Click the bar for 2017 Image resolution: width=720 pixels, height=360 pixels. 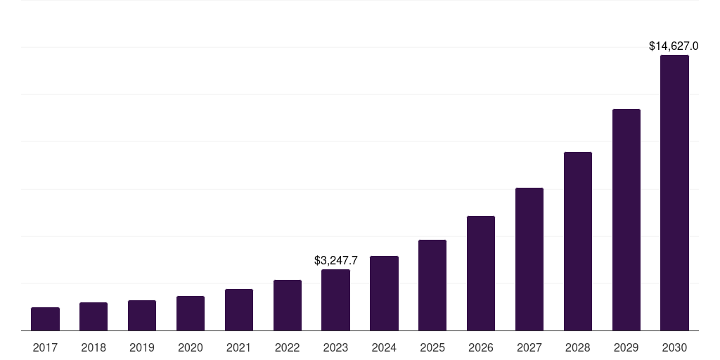(x=45, y=319)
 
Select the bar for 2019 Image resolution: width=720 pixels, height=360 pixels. (x=142, y=316)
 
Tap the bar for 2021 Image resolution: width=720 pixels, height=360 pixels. (x=239, y=310)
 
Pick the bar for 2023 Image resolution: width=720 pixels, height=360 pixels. (x=335, y=300)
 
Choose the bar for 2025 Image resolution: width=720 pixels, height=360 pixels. (x=432, y=285)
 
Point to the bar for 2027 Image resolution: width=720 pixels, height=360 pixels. (x=529, y=259)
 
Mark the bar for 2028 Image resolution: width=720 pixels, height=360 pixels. (x=578, y=241)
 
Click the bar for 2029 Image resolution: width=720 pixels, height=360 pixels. (x=626, y=220)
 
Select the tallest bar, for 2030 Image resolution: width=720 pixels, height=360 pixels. (x=674, y=193)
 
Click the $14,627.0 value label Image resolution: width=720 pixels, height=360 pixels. (x=674, y=46)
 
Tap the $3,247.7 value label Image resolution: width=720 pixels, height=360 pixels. (x=335, y=261)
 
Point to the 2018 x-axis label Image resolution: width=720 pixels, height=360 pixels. (x=94, y=347)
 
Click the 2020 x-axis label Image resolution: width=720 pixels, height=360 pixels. (x=191, y=347)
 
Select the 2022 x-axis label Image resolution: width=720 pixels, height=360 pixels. (x=288, y=347)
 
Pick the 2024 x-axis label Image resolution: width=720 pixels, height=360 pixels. (x=384, y=347)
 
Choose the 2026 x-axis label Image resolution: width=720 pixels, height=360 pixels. (x=481, y=347)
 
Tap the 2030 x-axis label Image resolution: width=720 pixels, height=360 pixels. (x=674, y=347)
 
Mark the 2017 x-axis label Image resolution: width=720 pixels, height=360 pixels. (x=45, y=347)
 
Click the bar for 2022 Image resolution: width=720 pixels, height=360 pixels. (x=288, y=305)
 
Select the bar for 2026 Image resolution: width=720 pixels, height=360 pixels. (x=481, y=274)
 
